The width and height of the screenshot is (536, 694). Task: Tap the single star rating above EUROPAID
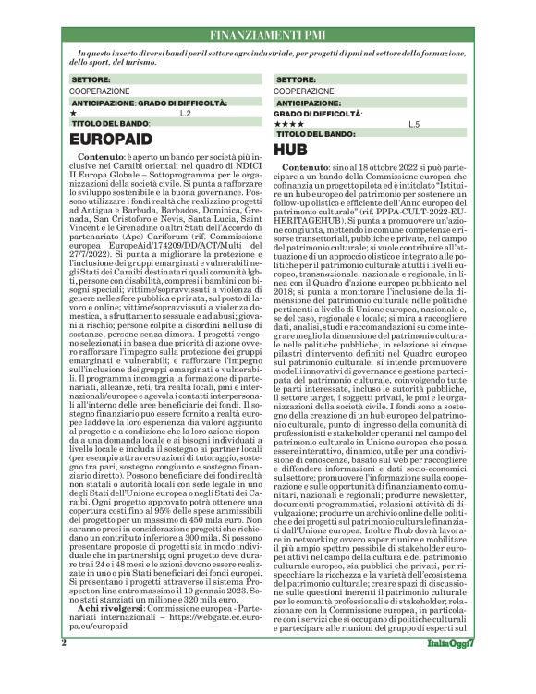tap(73, 113)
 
